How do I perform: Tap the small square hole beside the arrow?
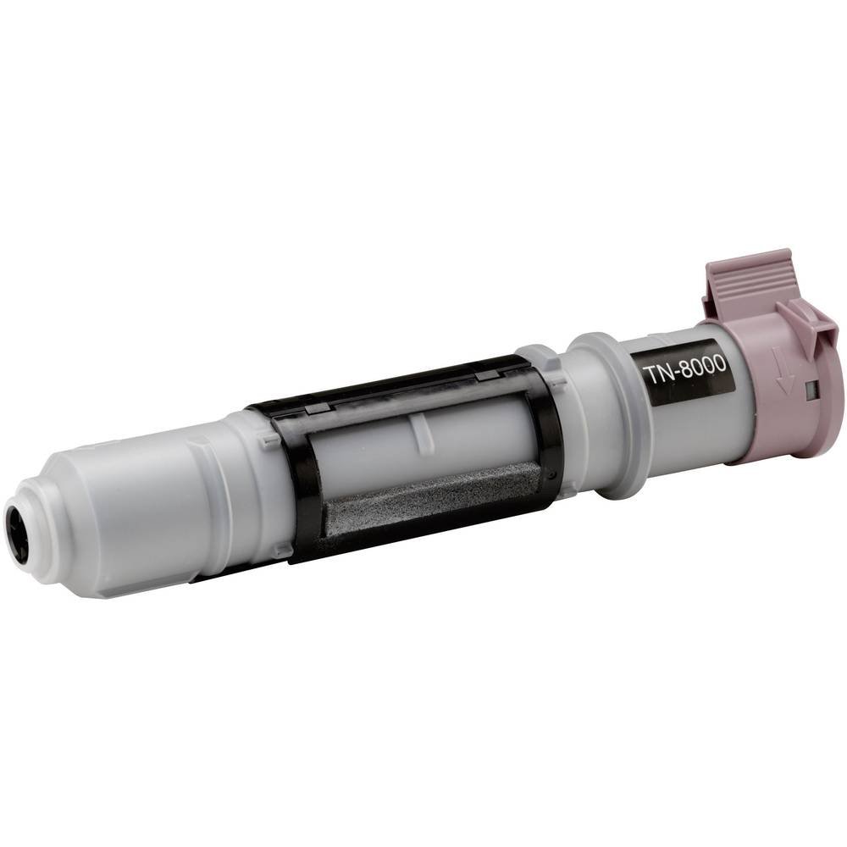tap(810, 389)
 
